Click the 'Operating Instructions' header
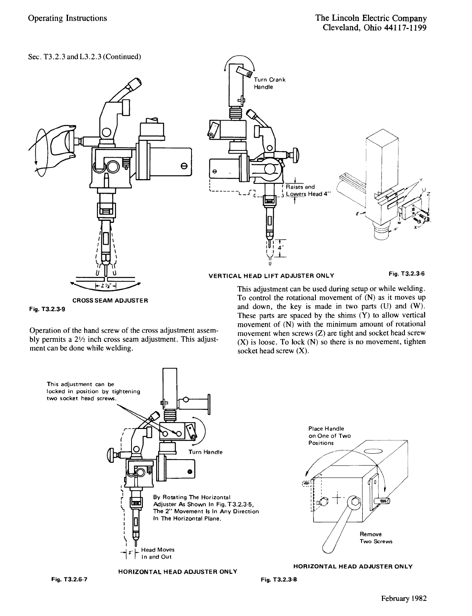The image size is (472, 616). (x=68, y=18)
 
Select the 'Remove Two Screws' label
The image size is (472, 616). (x=376, y=538)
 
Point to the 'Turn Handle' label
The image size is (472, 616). (x=205, y=452)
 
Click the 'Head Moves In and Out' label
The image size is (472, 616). (x=158, y=553)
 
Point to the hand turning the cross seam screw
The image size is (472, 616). (x=63, y=142)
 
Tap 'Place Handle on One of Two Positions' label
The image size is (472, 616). (x=329, y=436)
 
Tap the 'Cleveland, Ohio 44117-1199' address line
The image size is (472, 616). (x=375, y=28)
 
